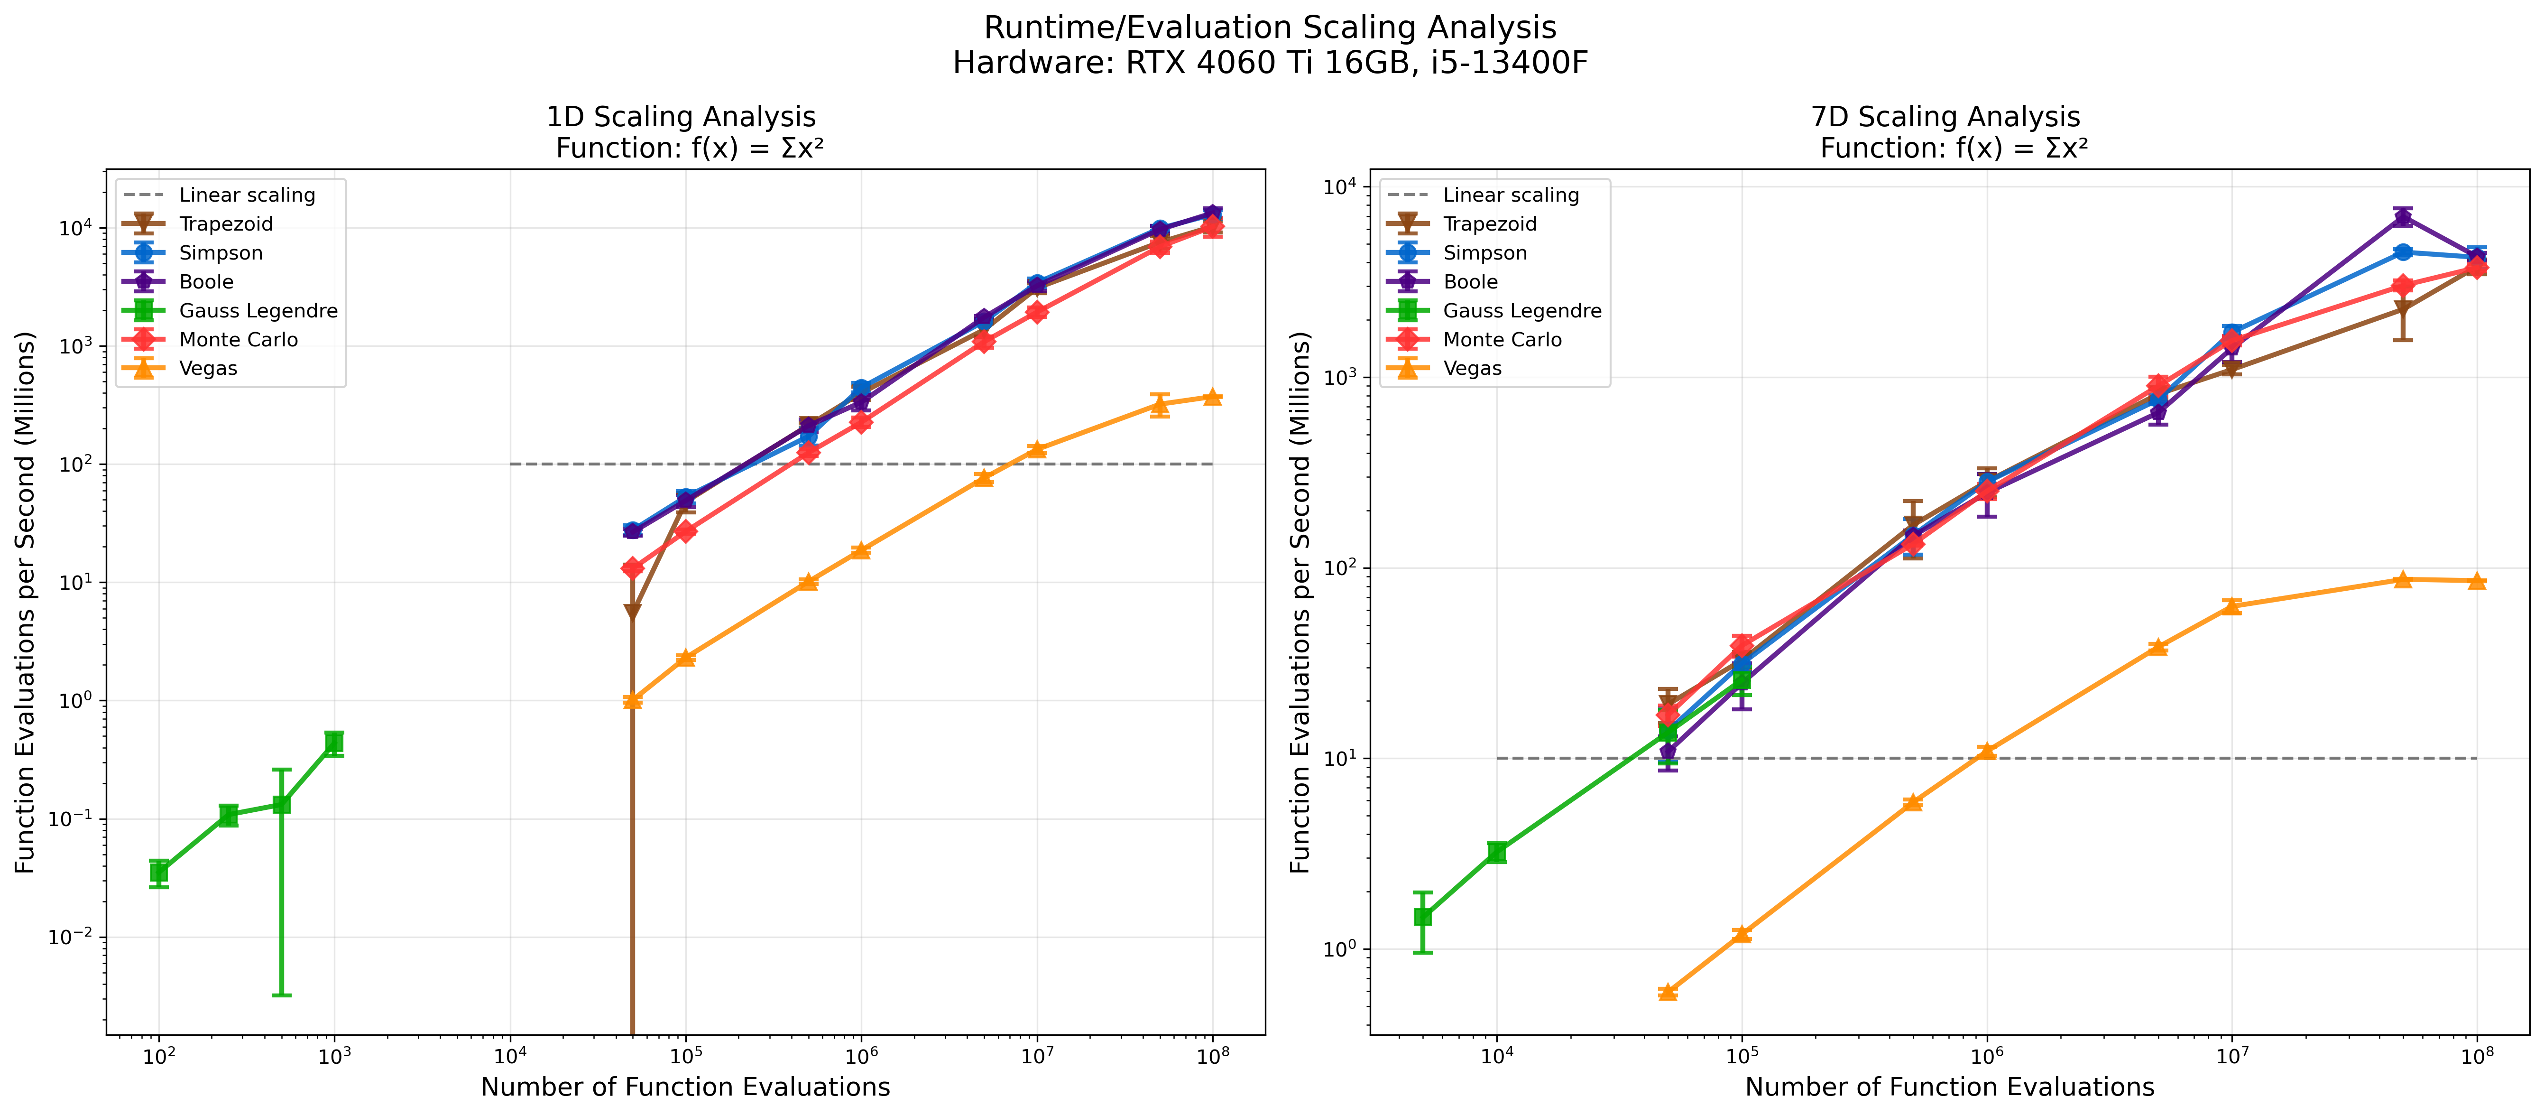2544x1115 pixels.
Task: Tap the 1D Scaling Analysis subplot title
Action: point(682,117)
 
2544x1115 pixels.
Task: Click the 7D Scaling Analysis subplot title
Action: point(1945,117)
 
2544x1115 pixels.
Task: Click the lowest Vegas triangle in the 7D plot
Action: point(1668,992)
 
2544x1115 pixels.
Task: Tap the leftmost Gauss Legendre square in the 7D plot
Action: point(1423,918)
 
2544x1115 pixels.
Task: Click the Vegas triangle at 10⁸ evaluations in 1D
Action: point(1213,397)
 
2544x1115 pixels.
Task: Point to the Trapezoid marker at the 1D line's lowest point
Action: point(632,613)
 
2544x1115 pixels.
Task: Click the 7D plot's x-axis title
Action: point(1949,1087)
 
